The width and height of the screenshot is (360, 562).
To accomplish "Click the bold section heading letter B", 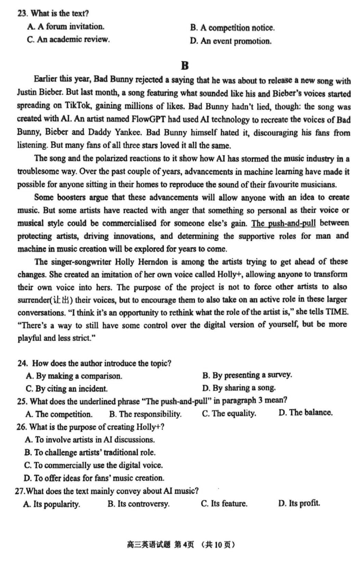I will [184, 66].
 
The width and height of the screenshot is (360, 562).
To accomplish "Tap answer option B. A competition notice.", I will [232, 28].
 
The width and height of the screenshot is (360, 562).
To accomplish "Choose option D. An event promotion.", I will [230, 41].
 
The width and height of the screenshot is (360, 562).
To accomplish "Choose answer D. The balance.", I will [306, 413].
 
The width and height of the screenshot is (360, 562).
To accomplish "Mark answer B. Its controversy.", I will [139, 504].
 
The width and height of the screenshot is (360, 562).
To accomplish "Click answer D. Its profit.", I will [299, 503].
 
